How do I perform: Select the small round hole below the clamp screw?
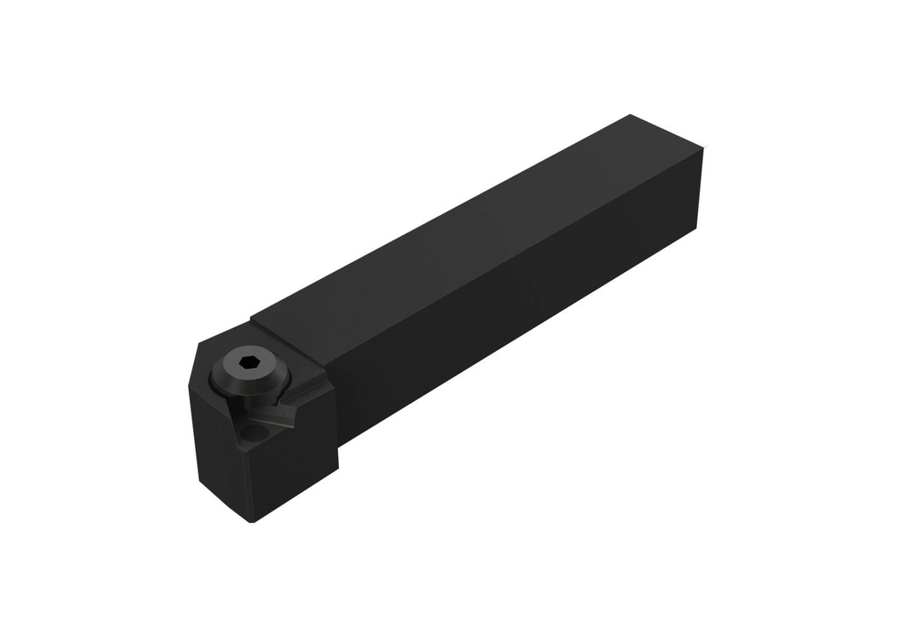255,433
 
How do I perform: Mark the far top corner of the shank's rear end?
631,115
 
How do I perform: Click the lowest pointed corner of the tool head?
252,522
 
